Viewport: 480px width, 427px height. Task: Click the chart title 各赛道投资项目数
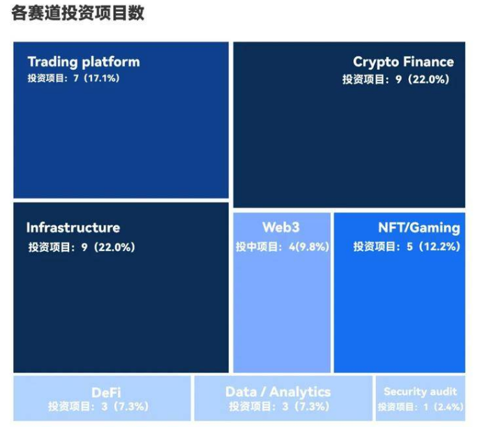tap(77, 13)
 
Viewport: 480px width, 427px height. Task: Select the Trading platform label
tap(84, 62)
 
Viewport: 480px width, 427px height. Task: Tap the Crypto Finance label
tap(403, 62)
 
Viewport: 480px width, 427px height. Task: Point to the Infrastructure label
tap(73, 227)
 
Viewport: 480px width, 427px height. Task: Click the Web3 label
tap(281, 227)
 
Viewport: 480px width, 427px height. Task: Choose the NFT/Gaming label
tap(419, 227)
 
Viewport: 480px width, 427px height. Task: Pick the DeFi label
tap(106, 392)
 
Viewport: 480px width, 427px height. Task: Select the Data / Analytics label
tap(278, 392)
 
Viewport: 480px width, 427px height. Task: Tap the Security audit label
tap(420, 391)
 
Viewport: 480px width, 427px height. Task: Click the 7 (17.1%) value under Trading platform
tap(97, 78)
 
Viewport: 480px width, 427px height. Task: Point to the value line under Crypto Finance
tap(396, 80)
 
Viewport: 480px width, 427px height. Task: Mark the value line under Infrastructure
tap(82, 247)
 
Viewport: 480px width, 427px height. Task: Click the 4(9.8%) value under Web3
tap(309, 246)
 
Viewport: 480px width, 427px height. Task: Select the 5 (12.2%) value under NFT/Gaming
tap(433, 246)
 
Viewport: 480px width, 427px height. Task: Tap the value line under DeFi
tap(98, 407)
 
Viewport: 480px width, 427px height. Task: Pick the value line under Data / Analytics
tap(279, 407)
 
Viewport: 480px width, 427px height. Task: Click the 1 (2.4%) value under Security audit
tap(444, 407)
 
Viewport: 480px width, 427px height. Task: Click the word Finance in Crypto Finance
tap(428, 61)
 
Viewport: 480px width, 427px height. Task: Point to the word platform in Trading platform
tap(111, 62)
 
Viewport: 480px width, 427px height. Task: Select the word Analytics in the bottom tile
tap(300, 392)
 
